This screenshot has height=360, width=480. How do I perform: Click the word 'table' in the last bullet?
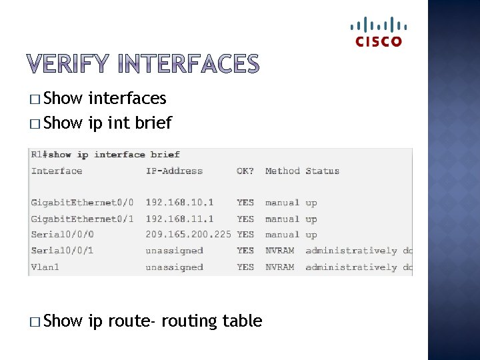tap(243, 321)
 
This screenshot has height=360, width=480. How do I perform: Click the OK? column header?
tap(245, 171)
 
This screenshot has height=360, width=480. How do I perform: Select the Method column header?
tap(283, 171)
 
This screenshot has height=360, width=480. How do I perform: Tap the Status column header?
tap(322, 171)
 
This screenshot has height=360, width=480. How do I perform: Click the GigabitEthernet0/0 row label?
tap(82, 203)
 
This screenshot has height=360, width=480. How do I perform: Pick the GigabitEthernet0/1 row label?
tap(82, 219)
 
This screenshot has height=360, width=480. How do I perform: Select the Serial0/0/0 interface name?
tap(63, 235)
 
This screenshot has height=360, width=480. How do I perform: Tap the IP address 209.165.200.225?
tap(189, 235)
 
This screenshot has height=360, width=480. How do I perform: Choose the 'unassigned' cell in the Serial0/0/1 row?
tap(174, 251)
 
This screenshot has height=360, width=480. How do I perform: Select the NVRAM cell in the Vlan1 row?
tap(279, 267)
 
